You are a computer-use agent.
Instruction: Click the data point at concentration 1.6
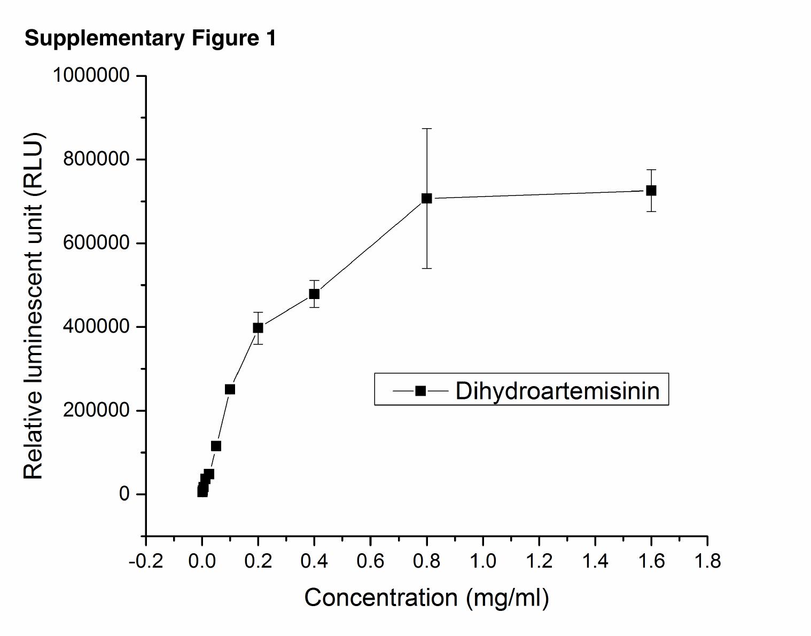click(x=651, y=191)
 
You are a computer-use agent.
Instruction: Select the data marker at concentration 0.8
click(x=426, y=198)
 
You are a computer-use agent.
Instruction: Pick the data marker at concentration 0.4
click(x=314, y=294)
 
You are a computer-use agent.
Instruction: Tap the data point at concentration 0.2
click(x=258, y=328)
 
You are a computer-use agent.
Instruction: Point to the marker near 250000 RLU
click(x=230, y=389)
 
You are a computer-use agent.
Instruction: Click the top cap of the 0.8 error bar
click(x=426, y=129)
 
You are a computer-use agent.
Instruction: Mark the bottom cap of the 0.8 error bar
click(x=426, y=268)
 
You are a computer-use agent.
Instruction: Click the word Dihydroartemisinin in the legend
click(x=557, y=390)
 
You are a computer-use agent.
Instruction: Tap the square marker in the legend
click(x=420, y=391)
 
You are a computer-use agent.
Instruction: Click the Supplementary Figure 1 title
click(x=150, y=38)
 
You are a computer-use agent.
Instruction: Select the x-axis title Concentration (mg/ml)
click(x=426, y=598)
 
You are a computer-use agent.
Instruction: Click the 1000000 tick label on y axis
click(x=91, y=75)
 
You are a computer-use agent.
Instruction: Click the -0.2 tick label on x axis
click(x=146, y=561)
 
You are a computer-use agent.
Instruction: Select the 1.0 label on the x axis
click(x=482, y=561)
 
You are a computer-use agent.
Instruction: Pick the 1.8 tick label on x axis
click(x=707, y=561)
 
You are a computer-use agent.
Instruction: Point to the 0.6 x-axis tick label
click(x=370, y=561)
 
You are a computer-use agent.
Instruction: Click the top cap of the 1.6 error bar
click(x=651, y=170)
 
